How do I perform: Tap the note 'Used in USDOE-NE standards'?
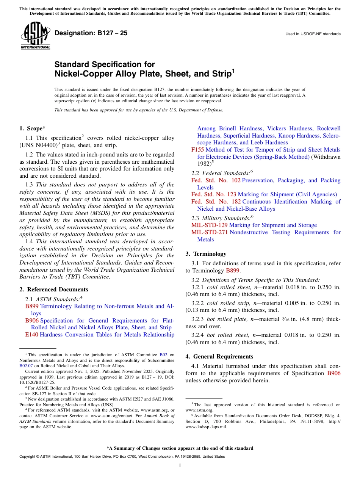[x=313, y=34]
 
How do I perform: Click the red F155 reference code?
[x=197, y=150]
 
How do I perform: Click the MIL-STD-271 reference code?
[x=209, y=232]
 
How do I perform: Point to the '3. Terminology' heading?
[x=206, y=254]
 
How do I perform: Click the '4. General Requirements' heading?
[x=219, y=357]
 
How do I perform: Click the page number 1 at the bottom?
[x=180, y=465]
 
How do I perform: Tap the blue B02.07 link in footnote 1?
[x=26, y=366]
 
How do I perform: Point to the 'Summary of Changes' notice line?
[x=180, y=448]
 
